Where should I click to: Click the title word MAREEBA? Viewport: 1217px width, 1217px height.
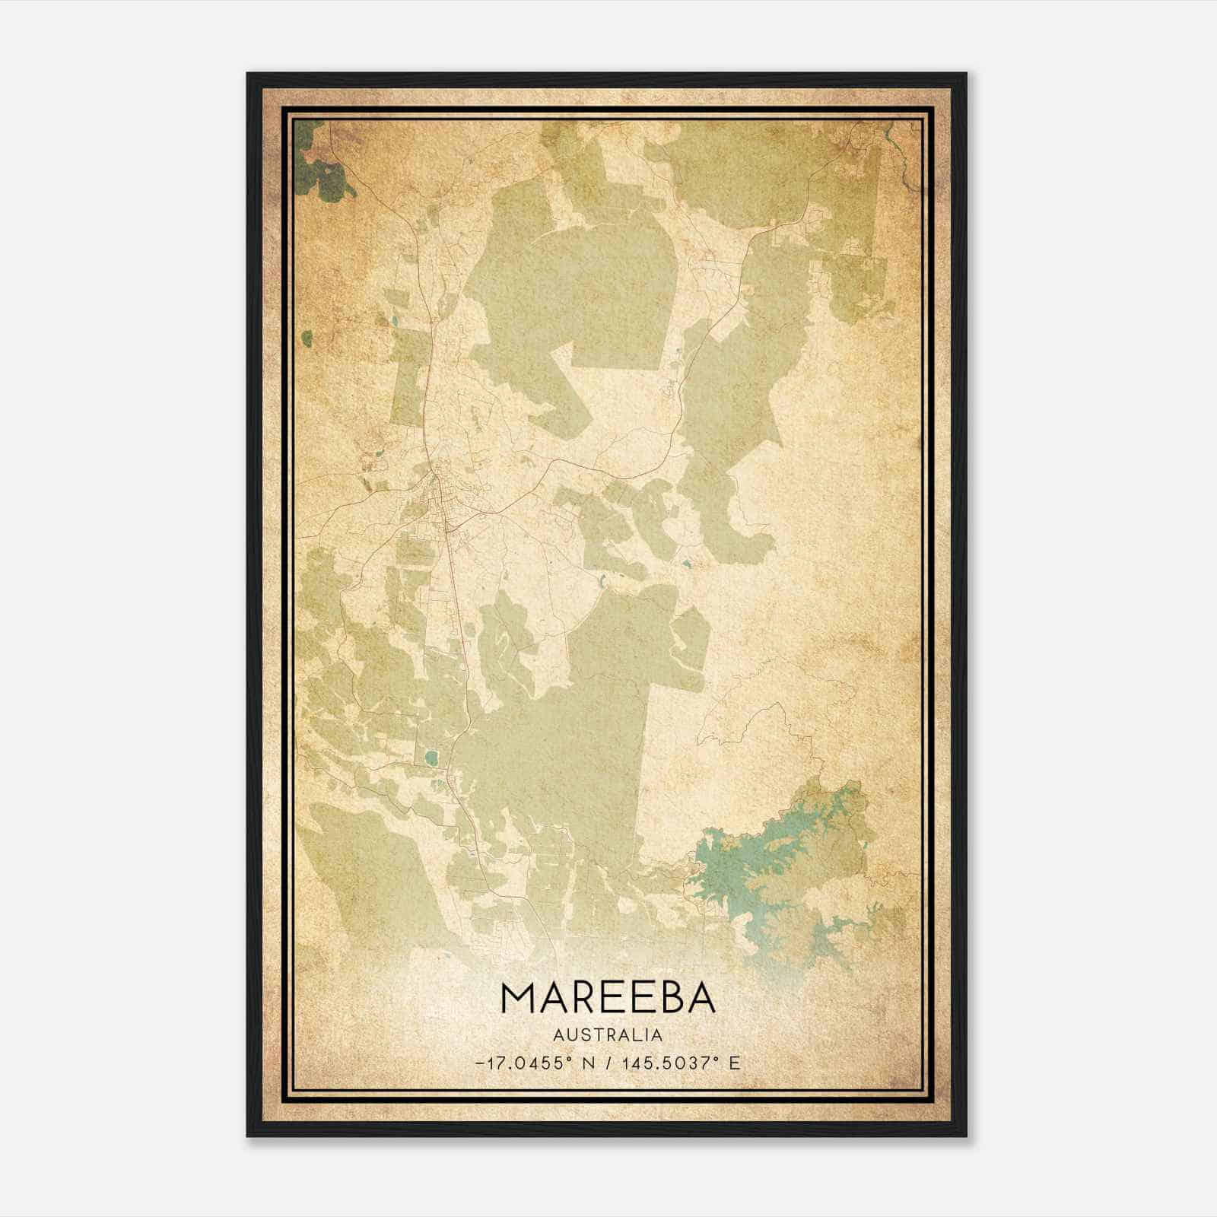coord(608,997)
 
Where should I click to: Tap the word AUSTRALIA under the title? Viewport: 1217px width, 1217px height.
coord(608,1035)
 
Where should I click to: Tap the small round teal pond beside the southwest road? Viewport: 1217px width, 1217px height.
coord(432,758)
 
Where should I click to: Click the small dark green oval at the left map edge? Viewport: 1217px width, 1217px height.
coord(307,337)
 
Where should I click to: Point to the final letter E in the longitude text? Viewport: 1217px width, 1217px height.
coord(734,1063)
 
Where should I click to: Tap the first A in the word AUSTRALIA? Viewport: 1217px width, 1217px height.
coord(559,1035)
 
